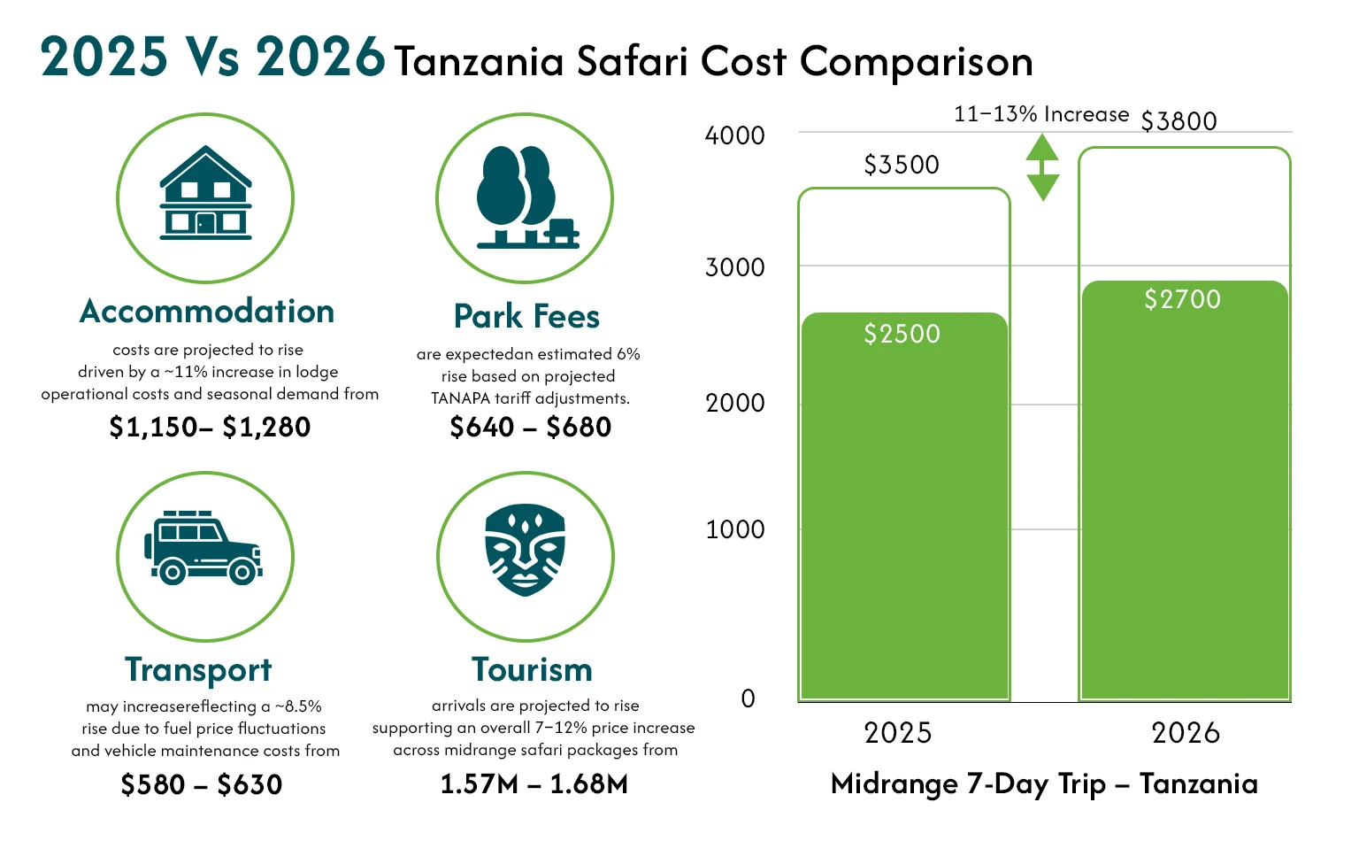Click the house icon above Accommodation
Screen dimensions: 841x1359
(x=205, y=194)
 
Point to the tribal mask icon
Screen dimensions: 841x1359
(x=525, y=550)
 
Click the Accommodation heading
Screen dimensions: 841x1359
(x=207, y=312)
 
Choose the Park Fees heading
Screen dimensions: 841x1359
(x=526, y=316)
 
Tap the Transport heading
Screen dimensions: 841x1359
(x=198, y=670)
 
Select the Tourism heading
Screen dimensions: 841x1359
(x=532, y=670)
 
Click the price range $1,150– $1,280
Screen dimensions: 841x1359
(x=210, y=428)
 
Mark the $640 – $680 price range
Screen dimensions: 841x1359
(x=531, y=428)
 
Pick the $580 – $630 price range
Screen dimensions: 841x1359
(x=202, y=784)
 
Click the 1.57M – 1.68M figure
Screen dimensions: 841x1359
(x=534, y=784)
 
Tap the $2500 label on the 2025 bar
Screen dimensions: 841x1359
(x=902, y=334)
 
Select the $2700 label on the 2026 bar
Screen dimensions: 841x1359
(x=1182, y=299)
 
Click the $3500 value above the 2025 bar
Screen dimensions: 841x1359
(x=902, y=165)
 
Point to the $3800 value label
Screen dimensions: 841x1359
(x=1179, y=121)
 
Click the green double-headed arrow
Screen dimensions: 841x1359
(x=1042, y=167)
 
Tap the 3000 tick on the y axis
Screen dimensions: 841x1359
(x=734, y=267)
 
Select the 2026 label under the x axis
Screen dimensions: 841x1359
(x=1186, y=733)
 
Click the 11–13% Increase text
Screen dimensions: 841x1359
(x=1041, y=114)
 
